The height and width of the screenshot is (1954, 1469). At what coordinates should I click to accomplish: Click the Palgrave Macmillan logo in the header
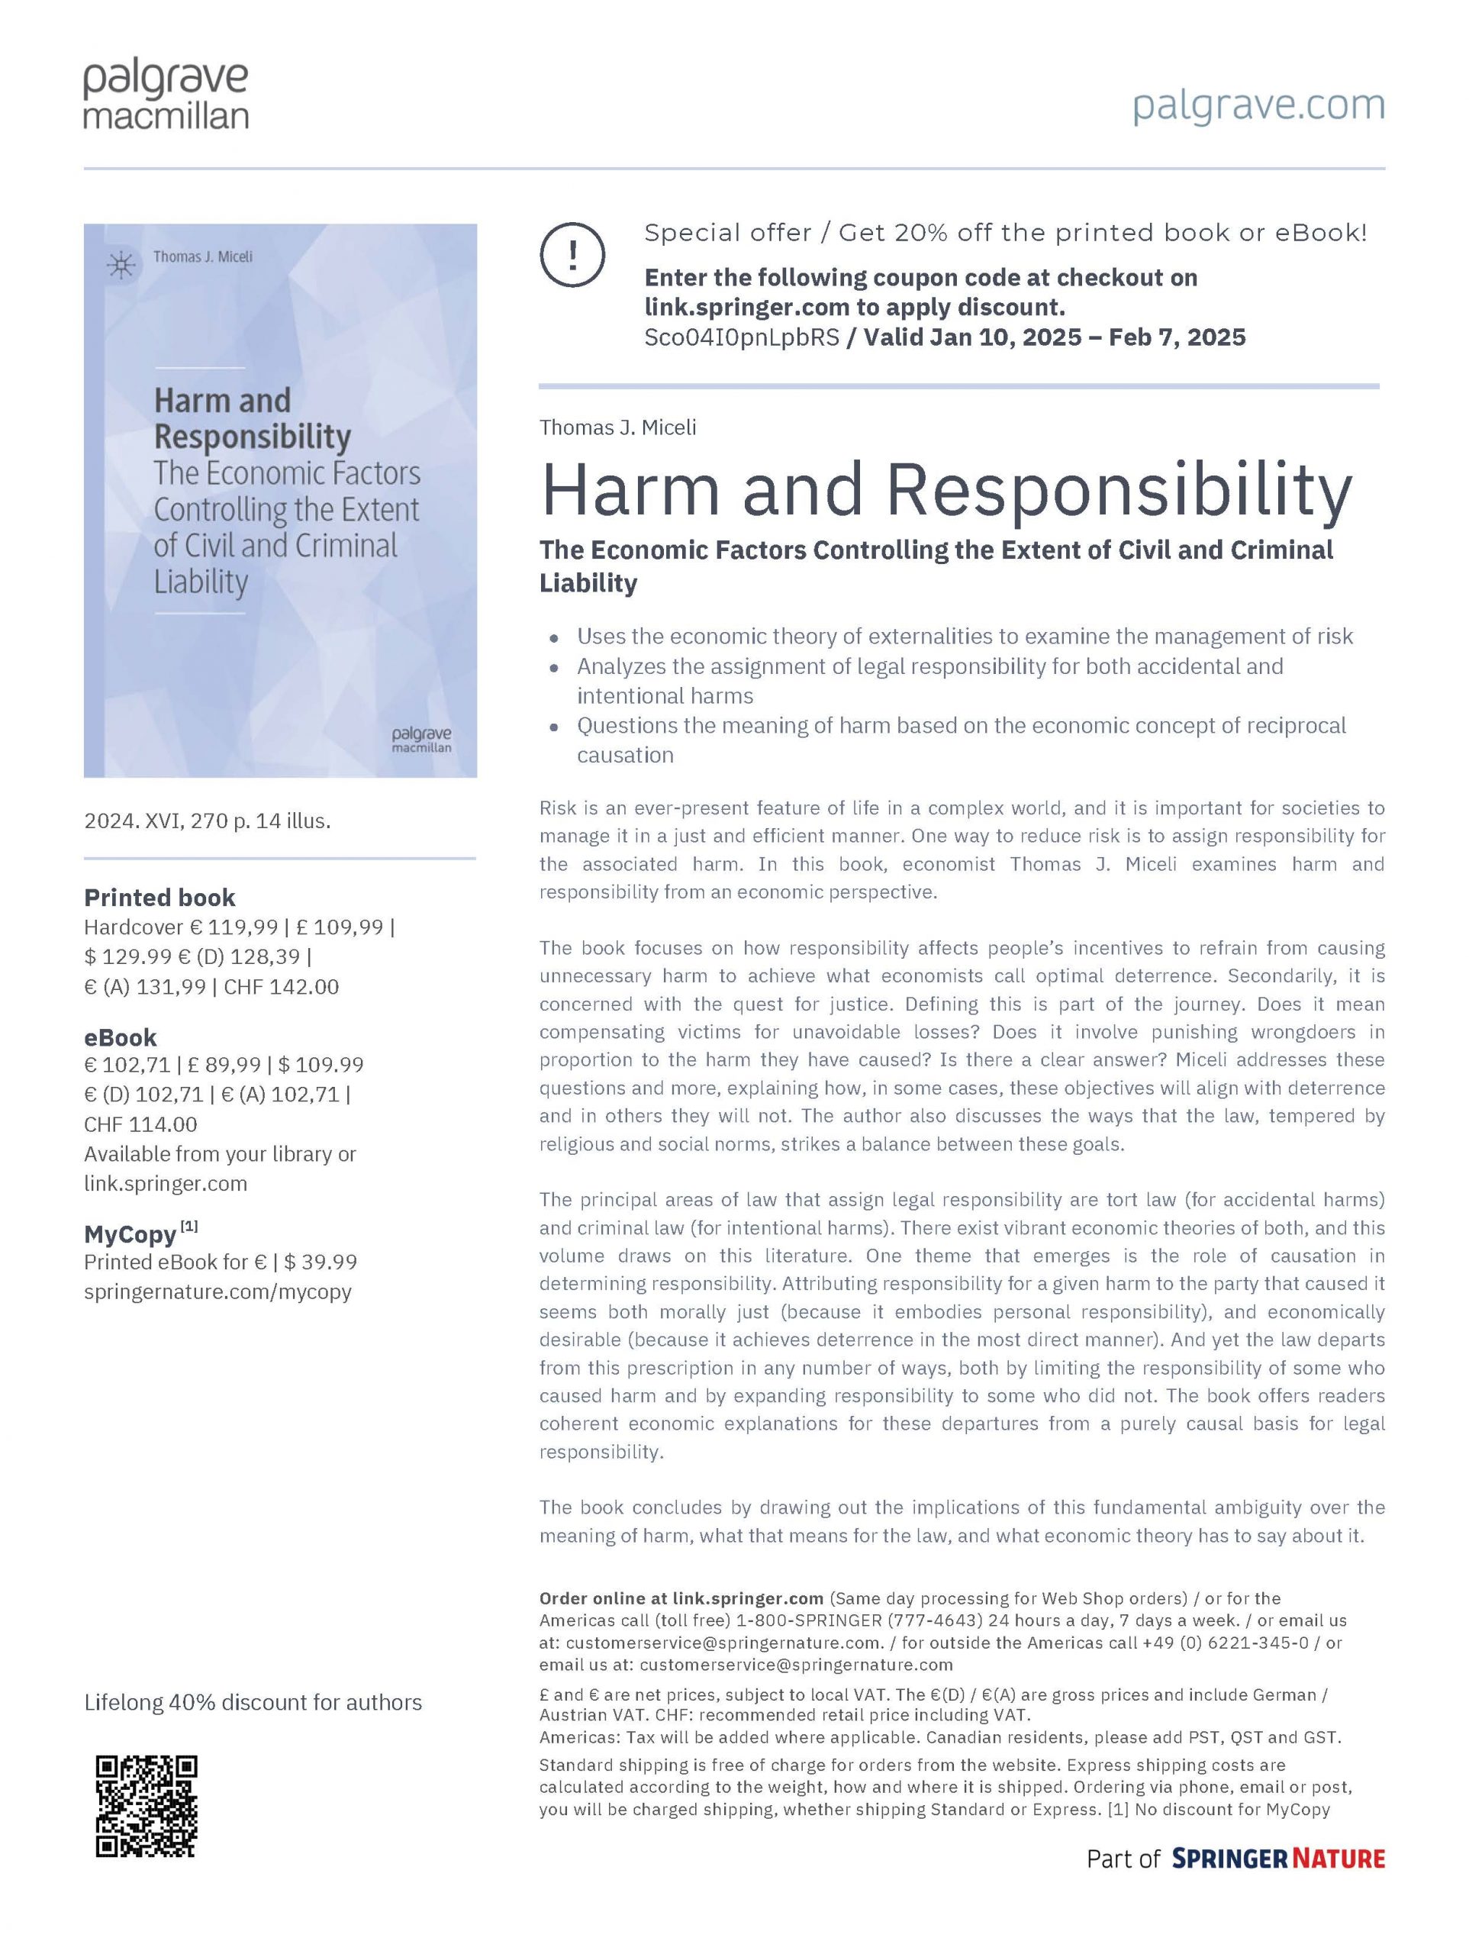tap(166, 95)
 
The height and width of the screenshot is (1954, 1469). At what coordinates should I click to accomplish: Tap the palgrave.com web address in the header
tap(1258, 105)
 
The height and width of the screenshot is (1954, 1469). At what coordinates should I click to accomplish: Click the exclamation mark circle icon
tap(572, 254)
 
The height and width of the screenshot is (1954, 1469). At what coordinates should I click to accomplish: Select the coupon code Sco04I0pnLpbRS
tap(741, 337)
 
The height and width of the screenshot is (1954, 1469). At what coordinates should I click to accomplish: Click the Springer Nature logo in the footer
tap(1277, 1859)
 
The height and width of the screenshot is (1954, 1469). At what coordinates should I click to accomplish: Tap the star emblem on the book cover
tap(121, 265)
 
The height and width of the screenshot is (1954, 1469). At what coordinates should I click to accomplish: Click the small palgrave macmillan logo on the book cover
tap(421, 740)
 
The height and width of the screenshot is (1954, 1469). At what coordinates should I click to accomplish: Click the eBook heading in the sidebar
tap(120, 1037)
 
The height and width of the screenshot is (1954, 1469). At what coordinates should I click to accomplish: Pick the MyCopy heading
tap(130, 1234)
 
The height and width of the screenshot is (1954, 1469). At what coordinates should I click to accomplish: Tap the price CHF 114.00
tap(140, 1124)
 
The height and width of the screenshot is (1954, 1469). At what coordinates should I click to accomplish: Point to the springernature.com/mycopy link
tap(217, 1291)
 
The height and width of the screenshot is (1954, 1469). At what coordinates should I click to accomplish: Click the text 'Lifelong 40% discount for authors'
tap(253, 1702)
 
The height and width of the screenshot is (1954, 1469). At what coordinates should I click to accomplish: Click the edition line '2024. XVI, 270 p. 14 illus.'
tap(207, 821)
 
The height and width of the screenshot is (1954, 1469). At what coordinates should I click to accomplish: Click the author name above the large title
tap(617, 427)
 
